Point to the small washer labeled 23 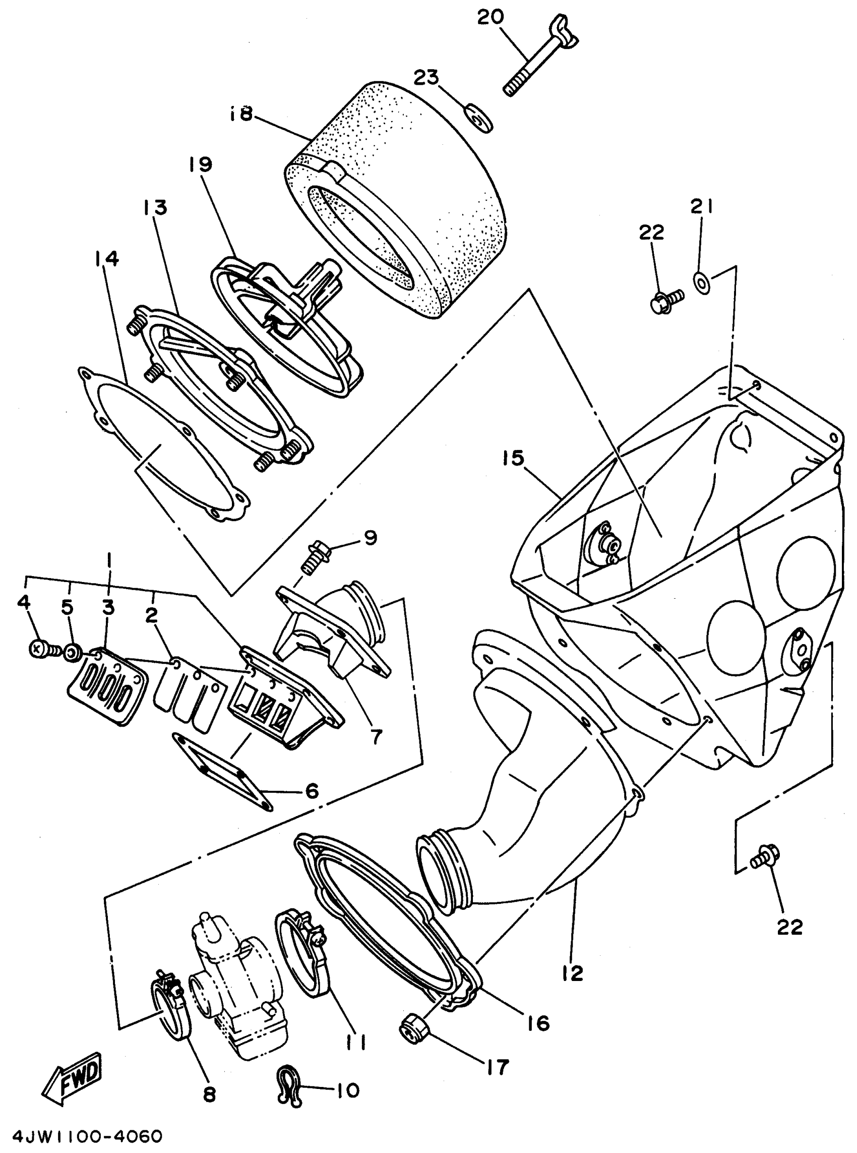(x=479, y=118)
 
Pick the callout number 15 (x=513, y=458)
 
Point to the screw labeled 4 (x=38, y=649)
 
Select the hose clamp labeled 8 (x=171, y=1004)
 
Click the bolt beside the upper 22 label (x=666, y=300)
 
